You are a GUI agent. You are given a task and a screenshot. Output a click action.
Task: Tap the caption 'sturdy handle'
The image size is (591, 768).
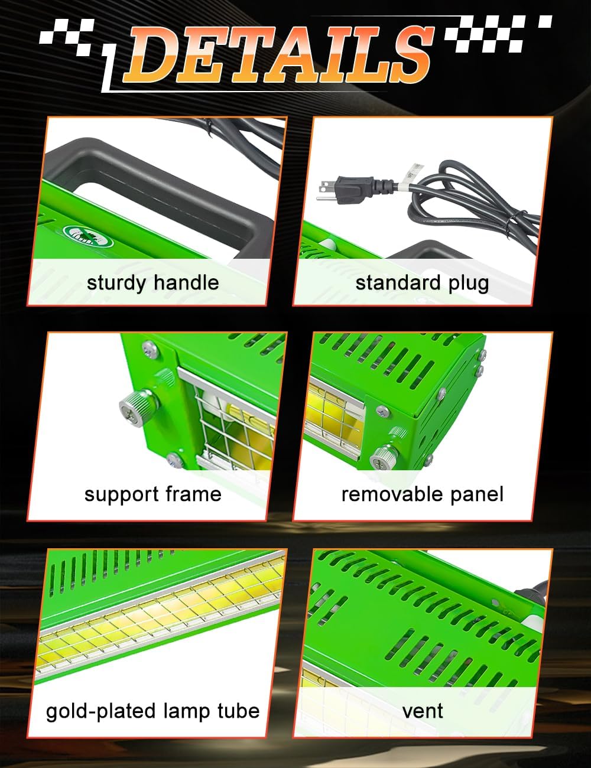(152, 282)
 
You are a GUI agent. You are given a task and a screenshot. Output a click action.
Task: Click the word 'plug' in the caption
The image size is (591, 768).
(468, 284)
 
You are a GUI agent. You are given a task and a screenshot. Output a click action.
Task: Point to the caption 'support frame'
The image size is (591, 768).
(152, 494)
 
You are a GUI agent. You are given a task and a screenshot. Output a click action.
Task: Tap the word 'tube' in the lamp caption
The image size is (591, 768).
(237, 710)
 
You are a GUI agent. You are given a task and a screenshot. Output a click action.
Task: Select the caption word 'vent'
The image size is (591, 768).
(422, 711)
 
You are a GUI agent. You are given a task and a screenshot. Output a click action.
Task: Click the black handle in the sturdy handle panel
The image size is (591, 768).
(177, 177)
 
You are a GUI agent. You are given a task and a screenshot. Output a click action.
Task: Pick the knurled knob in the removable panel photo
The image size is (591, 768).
(385, 458)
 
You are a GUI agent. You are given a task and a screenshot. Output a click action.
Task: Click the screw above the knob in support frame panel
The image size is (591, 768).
(150, 350)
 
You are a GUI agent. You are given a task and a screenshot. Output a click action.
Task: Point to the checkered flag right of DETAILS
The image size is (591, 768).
(496, 32)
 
